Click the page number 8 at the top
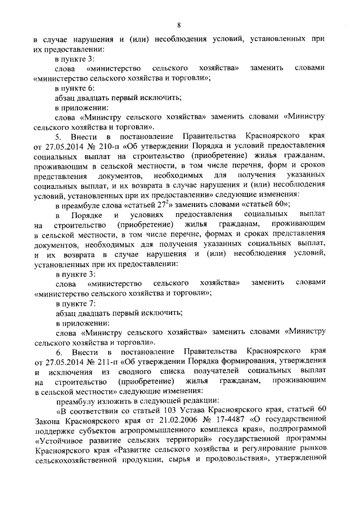(178, 25)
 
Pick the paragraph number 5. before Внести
(57, 137)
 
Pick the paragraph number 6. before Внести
(57, 351)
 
